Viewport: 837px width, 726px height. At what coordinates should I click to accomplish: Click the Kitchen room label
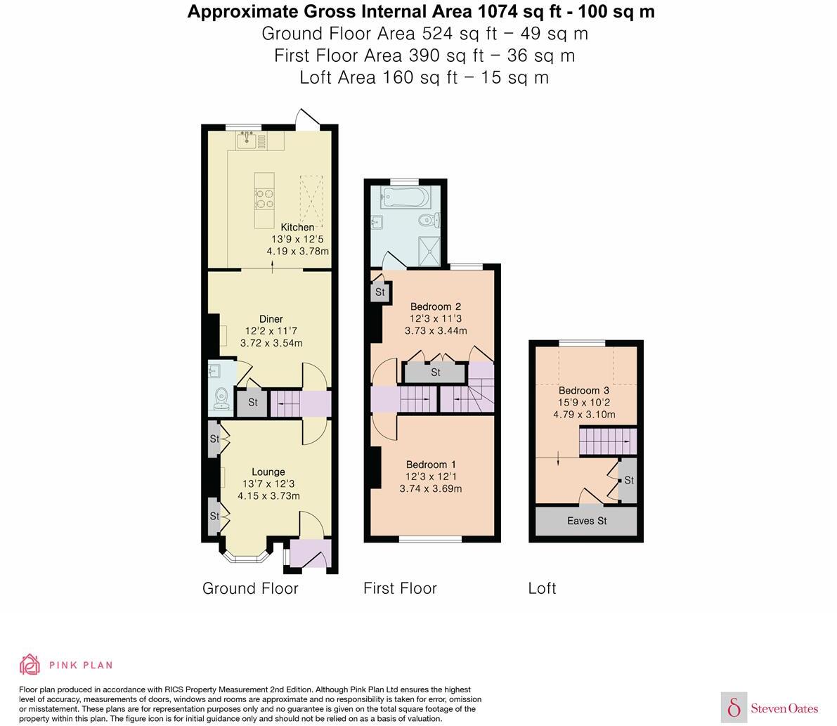[297, 227]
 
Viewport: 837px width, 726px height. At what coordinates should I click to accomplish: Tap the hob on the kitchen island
[264, 198]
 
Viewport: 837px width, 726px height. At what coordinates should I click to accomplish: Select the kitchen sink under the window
[247, 141]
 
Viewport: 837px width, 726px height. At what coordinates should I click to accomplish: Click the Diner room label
[271, 319]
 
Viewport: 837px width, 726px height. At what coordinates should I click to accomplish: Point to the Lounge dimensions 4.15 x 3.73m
[268, 495]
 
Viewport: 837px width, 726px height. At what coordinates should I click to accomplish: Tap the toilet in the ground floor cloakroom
[222, 398]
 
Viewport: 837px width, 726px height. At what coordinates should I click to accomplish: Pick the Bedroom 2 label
[435, 306]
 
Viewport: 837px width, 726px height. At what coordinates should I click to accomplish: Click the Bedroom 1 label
[431, 465]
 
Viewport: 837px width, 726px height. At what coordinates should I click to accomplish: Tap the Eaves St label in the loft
[586, 521]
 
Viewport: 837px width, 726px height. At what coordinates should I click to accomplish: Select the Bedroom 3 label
[583, 391]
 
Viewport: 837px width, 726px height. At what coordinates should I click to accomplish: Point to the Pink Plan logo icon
[30, 664]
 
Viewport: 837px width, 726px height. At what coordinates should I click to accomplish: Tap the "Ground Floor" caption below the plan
[250, 588]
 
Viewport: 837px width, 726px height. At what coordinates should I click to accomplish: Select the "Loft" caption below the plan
[542, 588]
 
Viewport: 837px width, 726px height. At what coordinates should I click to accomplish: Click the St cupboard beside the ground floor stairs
[252, 403]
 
